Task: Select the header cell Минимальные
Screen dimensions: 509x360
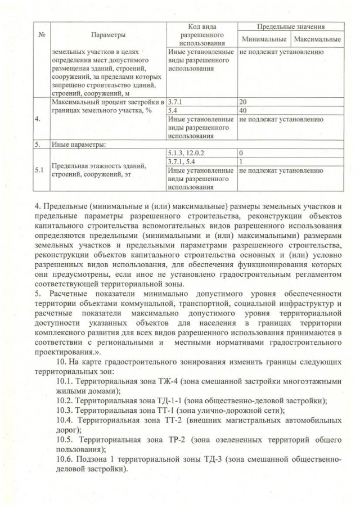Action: point(264,39)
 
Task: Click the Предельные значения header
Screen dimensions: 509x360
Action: point(291,26)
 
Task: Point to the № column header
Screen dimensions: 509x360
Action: point(40,35)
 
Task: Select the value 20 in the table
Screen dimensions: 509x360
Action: point(243,102)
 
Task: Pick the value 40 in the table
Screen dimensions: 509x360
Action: point(243,111)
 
